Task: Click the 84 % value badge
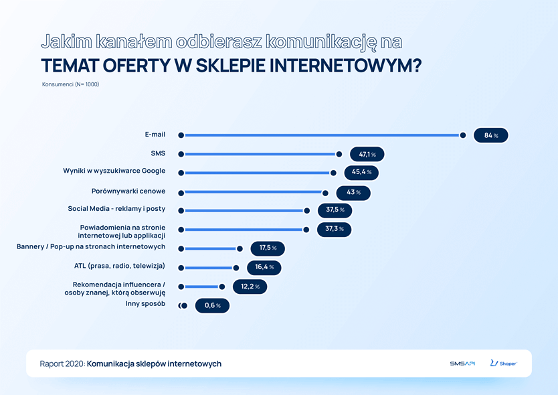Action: click(491, 135)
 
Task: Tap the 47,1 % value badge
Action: click(367, 155)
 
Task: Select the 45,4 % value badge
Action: click(361, 172)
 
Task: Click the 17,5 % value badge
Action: click(268, 248)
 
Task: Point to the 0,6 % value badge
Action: click(212, 306)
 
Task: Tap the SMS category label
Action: click(158, 153)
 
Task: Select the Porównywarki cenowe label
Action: click(128, 191)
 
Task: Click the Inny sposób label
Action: click(145, 304)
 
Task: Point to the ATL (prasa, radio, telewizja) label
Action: click(119, 266)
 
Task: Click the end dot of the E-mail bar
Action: click(463, 135)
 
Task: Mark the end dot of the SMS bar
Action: click(339, 155)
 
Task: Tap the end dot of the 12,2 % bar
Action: click(222, 287)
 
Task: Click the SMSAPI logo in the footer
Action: click(462, 364)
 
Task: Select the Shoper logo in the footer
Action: click(503, 364)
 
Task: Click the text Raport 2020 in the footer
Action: click(62, 364)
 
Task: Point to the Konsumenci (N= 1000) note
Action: click(70, 84)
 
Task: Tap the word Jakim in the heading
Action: click(62, 42)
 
